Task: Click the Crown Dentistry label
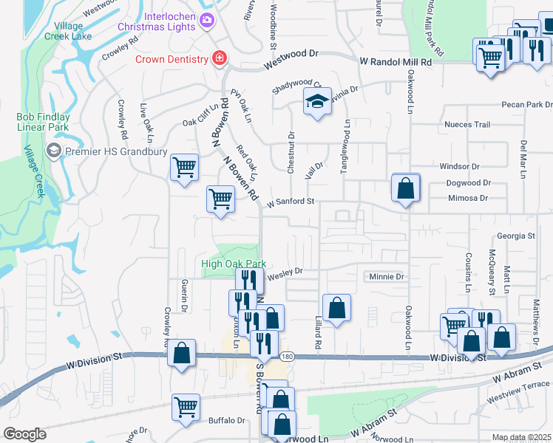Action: click(x=171, y=58)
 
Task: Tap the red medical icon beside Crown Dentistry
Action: click(x=219, y=58)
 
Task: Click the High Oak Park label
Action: click(x=234, y=264)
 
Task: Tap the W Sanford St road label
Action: click(x=291, y=201)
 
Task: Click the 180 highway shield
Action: click(x=287, y=356)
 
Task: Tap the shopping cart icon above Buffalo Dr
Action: click(x=186, y=406)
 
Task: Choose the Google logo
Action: click(x=24, y=434)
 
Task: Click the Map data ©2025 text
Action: click(x=521, y=438)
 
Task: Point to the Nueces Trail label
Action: click(x=467, y=125)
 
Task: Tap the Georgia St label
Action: click(x=515, y=236)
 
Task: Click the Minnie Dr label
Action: click(x=387, y=277)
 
